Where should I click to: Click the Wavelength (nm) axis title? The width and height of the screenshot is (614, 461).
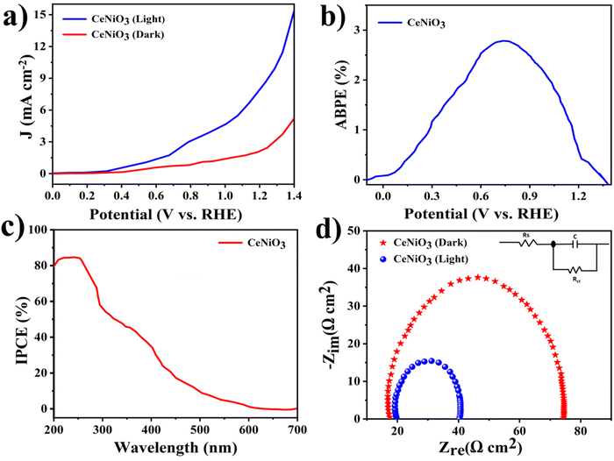point(175,448)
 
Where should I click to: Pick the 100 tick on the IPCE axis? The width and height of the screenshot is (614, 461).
point(39,230)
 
